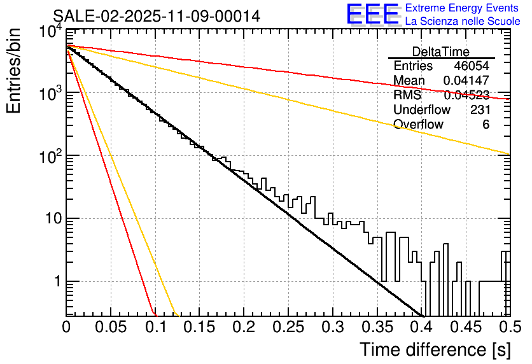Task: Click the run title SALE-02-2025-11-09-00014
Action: point(157,17)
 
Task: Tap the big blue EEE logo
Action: point(372,15)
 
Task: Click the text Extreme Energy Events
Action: point(462,8)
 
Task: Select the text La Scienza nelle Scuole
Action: point(463,21)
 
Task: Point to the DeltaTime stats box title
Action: point(440,52)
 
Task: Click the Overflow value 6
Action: point(486,124)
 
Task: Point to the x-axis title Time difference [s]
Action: point(434,349)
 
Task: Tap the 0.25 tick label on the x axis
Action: point(287,328)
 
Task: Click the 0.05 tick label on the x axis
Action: point(110,328)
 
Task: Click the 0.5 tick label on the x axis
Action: point(508,328)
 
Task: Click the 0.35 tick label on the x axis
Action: point(375,328)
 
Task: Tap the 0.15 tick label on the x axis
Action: point(199,328)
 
